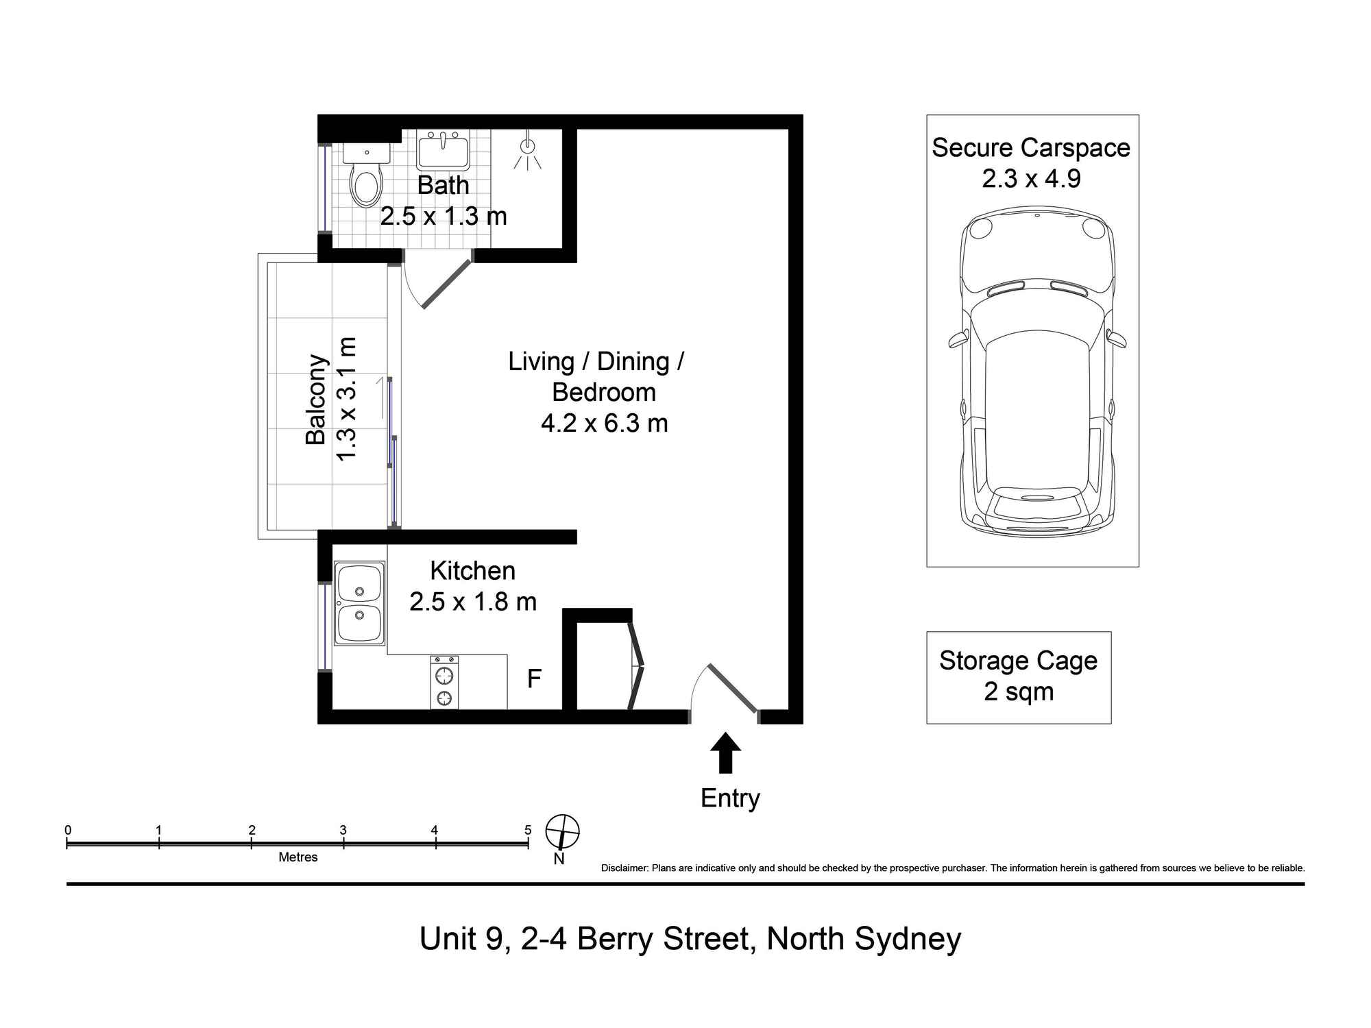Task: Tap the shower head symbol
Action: coord(527,147)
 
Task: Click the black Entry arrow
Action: coord(725,752)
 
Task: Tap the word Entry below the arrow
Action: coord(730,798)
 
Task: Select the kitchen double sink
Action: coord(359,603)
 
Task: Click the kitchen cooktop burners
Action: coord(445,683)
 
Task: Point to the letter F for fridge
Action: coord(534,679)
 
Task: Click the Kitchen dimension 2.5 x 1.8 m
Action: coord(472,602)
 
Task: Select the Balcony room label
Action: coord(315,400)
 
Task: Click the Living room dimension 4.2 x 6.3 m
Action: coord(604,423)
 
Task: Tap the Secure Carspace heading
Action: coord(1030,148)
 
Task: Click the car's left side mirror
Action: coord(957,339)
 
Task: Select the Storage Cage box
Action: coord(1018,677)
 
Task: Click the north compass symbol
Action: coord(562,832)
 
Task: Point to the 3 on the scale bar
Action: coord(343,830)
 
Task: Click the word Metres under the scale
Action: coord(298,857)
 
